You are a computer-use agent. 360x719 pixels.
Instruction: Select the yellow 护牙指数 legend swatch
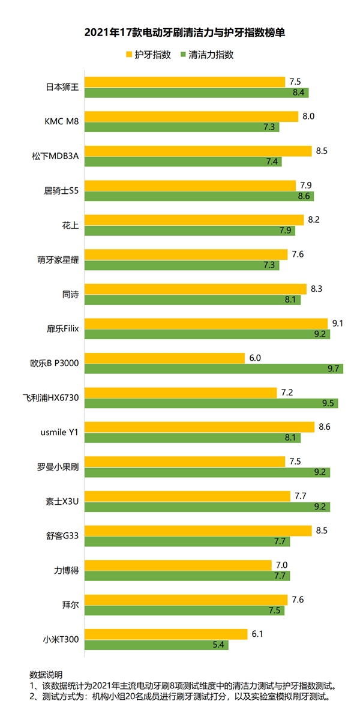coord(128,55)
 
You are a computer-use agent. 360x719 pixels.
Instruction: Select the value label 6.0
coord(255,358)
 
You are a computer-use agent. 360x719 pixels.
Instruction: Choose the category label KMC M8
coord(62,121)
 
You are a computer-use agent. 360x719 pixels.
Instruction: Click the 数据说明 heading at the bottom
coord(46,674)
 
